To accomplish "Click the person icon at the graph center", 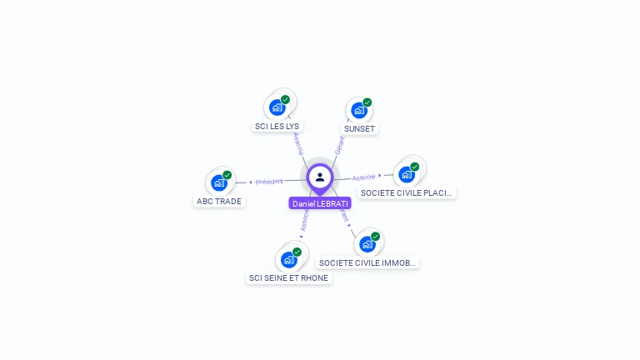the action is coord(320,177).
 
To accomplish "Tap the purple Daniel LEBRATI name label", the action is coord(320,203).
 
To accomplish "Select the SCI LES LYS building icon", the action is coord(277,107).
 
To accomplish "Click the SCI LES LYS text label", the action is coord(277,127).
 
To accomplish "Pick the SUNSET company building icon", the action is coord(358,110).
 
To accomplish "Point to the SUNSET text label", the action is coord(360,129).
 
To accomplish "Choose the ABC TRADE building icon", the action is coord(218,182).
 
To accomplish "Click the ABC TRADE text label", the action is coord(219,202).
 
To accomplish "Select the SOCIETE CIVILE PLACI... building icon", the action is coord(406,174).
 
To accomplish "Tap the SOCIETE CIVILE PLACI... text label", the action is coord(407,192).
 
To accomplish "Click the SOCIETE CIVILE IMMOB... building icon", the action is coord(367,244).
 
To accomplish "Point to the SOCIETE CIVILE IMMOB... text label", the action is coord(367,262).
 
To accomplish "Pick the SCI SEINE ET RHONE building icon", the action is coord(288,259).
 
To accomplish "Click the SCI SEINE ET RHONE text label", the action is coord(289,277).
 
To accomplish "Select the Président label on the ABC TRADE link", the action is coord(269,181).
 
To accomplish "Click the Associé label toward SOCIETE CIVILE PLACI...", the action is coord(363,177).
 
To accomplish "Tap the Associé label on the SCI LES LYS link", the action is coord(298,143).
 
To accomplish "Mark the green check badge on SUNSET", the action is coord(367,102).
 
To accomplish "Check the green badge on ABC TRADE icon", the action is coord(227,175).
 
